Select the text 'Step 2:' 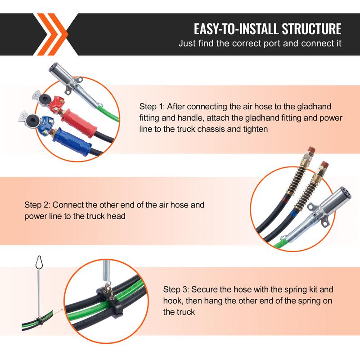coord(37,205)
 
